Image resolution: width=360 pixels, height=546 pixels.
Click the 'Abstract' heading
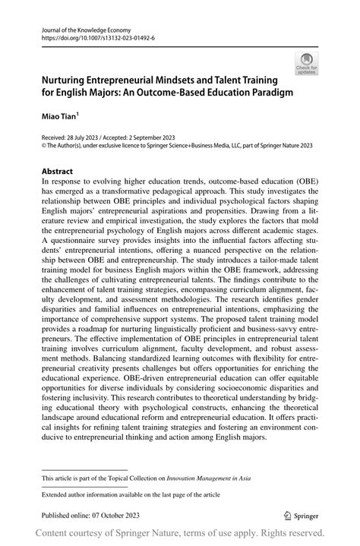coord(59,172)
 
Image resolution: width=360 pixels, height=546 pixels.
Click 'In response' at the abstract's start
coord(63,182)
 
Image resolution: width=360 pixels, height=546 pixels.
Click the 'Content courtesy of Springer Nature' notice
coord(180,534)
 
